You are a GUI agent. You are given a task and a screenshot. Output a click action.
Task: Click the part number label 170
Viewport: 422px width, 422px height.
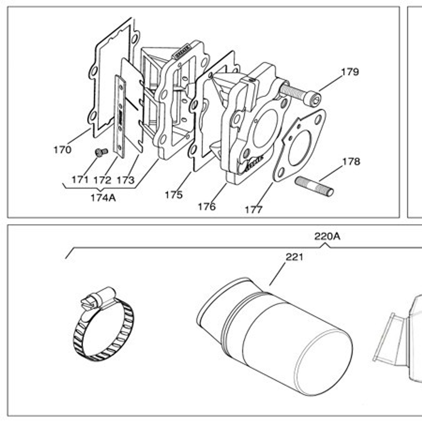tap(62, 150)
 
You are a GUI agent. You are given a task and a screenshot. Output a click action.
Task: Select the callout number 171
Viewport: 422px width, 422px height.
tap(80, 180)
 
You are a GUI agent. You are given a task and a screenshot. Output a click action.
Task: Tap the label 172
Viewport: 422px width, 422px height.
tap(103, 180)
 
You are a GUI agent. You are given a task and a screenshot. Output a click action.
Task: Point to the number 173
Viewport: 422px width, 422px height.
tap(125, 180)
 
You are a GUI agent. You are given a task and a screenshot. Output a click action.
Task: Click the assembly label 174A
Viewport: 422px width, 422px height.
tap(103, 198)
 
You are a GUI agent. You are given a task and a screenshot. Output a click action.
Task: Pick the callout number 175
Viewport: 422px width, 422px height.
tap(174, 195)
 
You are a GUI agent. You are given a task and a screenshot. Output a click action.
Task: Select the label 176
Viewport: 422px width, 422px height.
tap(207, 207)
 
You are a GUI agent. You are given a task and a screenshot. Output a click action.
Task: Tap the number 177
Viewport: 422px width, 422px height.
tap(254, 210)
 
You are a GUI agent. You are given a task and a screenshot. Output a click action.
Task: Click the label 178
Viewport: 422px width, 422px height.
tap(351, 162)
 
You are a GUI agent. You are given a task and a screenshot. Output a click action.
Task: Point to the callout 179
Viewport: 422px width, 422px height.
tap(350, 72)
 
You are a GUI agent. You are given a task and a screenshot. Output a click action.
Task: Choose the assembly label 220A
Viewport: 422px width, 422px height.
tap(327, 236)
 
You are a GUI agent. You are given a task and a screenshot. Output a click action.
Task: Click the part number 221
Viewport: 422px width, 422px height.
tap(294, 257)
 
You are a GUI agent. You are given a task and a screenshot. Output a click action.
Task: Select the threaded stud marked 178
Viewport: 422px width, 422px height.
tap(314, 186)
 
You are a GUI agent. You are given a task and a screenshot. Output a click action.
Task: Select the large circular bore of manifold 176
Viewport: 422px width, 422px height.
tap(265, 128)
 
